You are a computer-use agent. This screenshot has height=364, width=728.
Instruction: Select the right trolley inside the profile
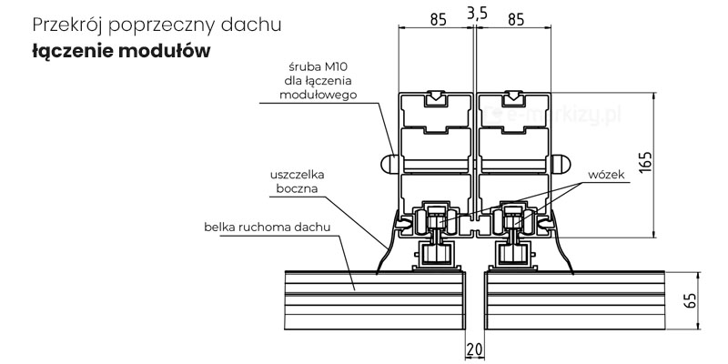pyautogui.click(x=513, y=221)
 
